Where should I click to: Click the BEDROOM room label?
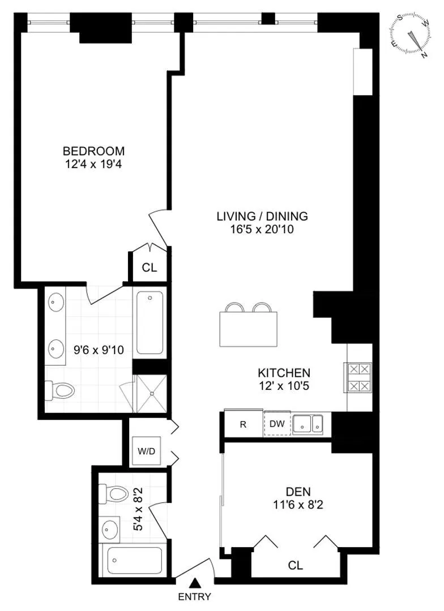[x=93, y=151]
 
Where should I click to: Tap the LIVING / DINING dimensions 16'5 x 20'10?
[x=262, y=230]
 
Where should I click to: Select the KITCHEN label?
[x=284, y=373]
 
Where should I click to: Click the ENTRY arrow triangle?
[x=195, y=582]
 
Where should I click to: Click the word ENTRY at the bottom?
[x=195, y=596]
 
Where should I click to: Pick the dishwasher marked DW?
[x=277, y=424]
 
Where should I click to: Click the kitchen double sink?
[x=309, y=423]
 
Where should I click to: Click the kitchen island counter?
[x=250, y=329]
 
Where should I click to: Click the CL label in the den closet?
[x=296, y=565]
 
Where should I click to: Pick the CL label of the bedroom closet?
[x=149, y=268]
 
